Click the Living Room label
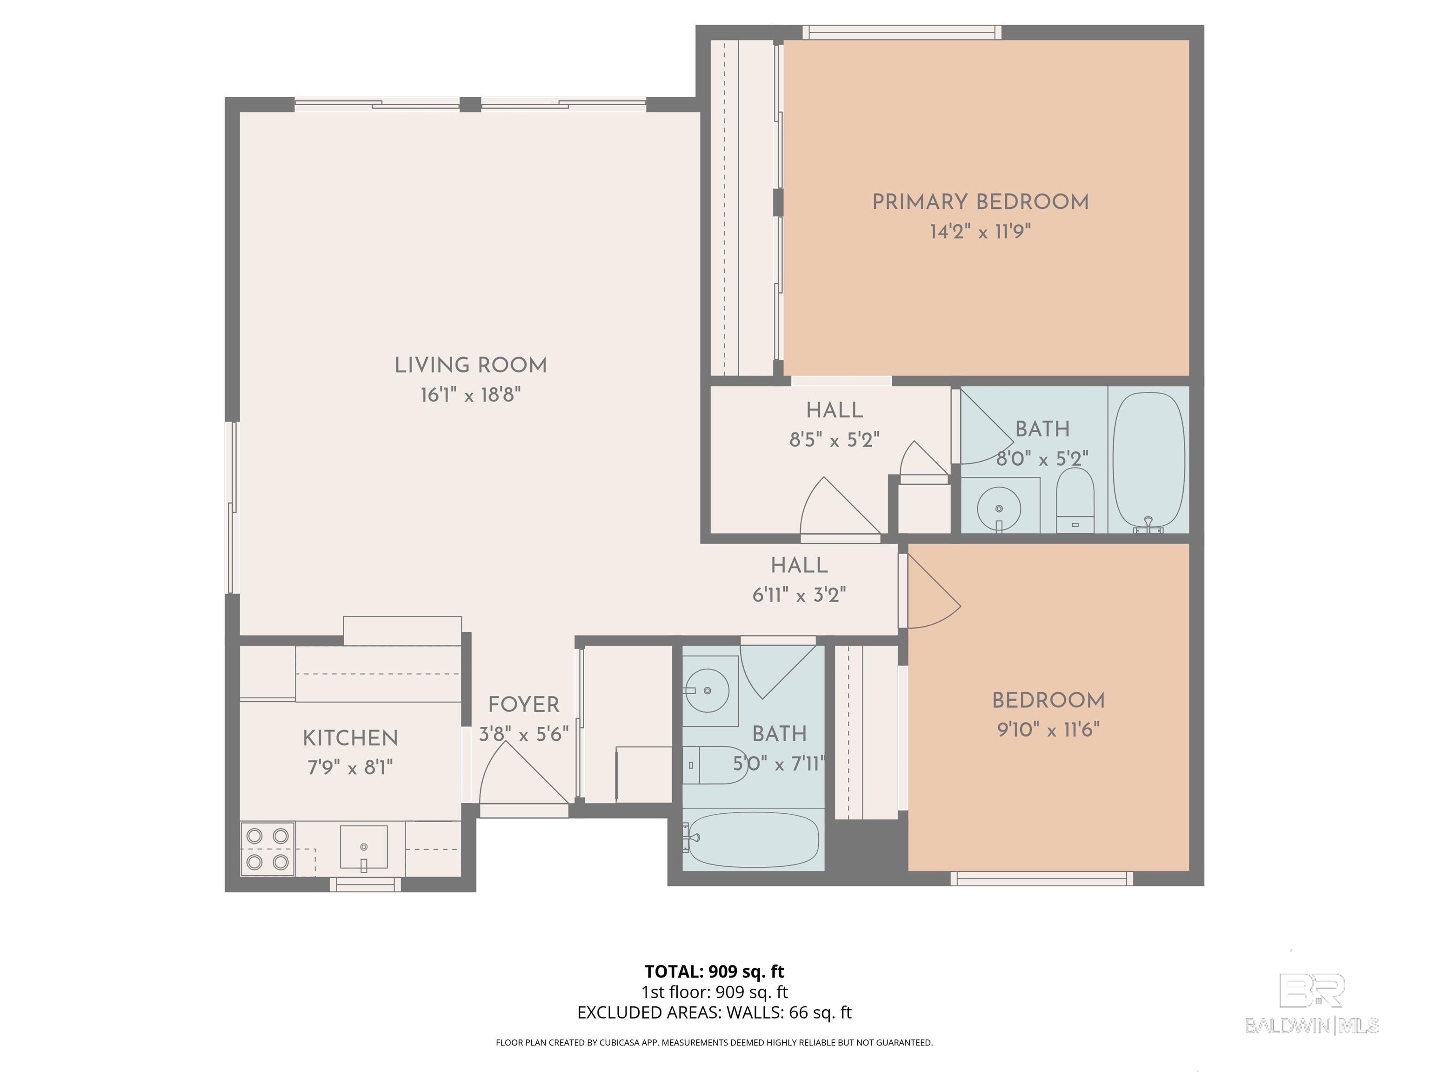[x=470, y=366]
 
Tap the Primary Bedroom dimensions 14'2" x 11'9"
[x=980, y=231]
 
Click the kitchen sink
[x=364, y=848]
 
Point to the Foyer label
[x=523, y=704]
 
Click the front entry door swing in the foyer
[x=523, y=773]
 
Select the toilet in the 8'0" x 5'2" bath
[x=1075, y=501]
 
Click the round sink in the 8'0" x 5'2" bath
[x=999, y=509]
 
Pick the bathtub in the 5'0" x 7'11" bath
[x=753, y=839]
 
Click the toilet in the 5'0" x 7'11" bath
[x=715, y=765]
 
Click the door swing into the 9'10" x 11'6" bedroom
[x=934, y=590]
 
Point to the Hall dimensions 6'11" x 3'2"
[x=799, y=595]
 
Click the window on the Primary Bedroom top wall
[x=902, y=32]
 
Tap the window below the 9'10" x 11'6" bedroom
[x=1042, y=878]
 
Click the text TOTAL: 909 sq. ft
[x=714, y=971]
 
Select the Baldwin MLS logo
[x=1312, y=1004]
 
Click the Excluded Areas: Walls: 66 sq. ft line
[x=714, y=1012]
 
